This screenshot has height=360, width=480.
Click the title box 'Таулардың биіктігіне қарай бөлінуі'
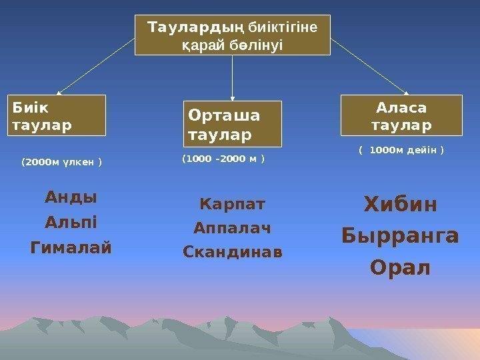[232, 35]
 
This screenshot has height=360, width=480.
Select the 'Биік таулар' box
[57, 115]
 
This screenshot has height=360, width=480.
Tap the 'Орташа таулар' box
[233, 123]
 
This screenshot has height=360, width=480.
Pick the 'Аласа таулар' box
[401, 115]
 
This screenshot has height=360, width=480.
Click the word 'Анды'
[71, 197]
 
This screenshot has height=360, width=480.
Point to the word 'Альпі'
[71, 222]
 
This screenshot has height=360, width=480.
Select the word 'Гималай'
[71, 248]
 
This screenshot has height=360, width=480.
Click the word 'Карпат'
[232, 203]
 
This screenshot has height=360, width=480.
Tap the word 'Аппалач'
[232, 229]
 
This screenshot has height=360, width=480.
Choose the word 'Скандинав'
[232, 253]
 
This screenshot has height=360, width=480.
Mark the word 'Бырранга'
[400, 236]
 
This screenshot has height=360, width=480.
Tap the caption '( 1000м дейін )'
[401, 151]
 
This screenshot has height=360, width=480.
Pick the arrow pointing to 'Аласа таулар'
[369, 66]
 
